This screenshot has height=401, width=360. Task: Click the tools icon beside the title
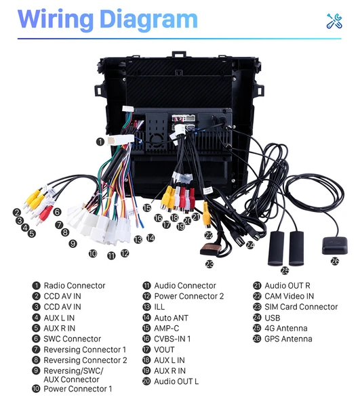[x=334, y=21]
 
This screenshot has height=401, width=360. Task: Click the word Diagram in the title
[x=148, y=20]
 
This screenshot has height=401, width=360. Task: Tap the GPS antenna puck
[x=335, y=245]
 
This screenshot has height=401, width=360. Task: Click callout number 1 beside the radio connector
[x=100, y=142]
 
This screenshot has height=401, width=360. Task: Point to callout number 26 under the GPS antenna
[x=335, y=261]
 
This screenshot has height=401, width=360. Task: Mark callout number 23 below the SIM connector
[x=209, y=264]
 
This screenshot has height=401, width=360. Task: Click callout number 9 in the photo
[x=73, y=243]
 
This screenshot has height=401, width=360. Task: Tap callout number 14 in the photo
[x=151, y=238]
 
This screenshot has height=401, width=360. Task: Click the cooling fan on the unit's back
[x=157, y=140]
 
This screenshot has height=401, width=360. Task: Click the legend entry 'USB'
[x=272, y=318]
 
